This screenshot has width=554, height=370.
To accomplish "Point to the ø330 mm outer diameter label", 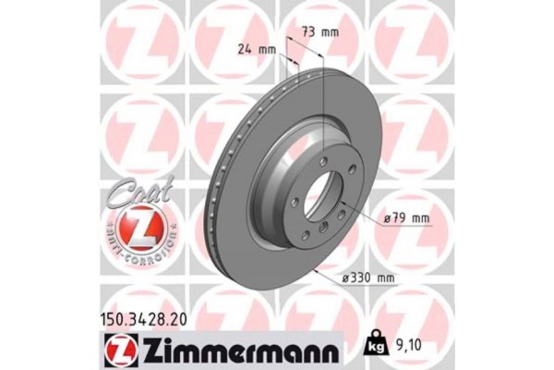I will tap(366, 277).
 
